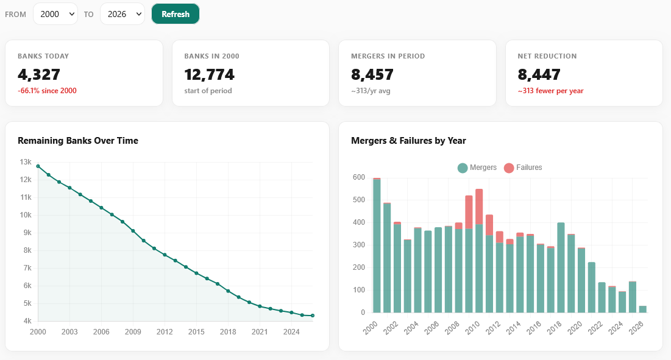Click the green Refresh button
coord(176,14)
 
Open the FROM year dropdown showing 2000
coord(55,14)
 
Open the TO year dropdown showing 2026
coord(122,14)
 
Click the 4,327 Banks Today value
coord(39,75)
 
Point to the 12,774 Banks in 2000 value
coord(209,75)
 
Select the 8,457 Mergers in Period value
coord(372,75)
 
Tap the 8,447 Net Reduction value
coord(539,75)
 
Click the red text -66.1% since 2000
coord(47,91)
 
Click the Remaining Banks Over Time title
coord(78,141)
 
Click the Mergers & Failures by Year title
coord(408,141)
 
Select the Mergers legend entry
coord(477,168)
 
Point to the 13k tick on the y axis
coord(26,162)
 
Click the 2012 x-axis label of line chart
coord(165,332)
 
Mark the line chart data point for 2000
coord(38,166)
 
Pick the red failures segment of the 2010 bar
coord(479,206)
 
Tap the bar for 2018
coord(561,268)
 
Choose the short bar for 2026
coord(642,309)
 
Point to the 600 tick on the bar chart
coord(359,177)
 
